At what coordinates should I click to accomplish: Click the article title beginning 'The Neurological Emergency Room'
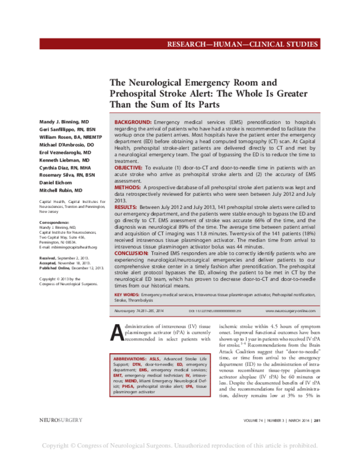[x=208, y=94]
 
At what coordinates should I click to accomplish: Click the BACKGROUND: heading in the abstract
[x=134, y=122]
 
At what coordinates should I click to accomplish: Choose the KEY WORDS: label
[x=127, y=295]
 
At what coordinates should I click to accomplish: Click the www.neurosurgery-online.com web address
[x=290, y=310]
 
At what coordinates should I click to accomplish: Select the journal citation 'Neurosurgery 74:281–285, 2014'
[x=139, y=310]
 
